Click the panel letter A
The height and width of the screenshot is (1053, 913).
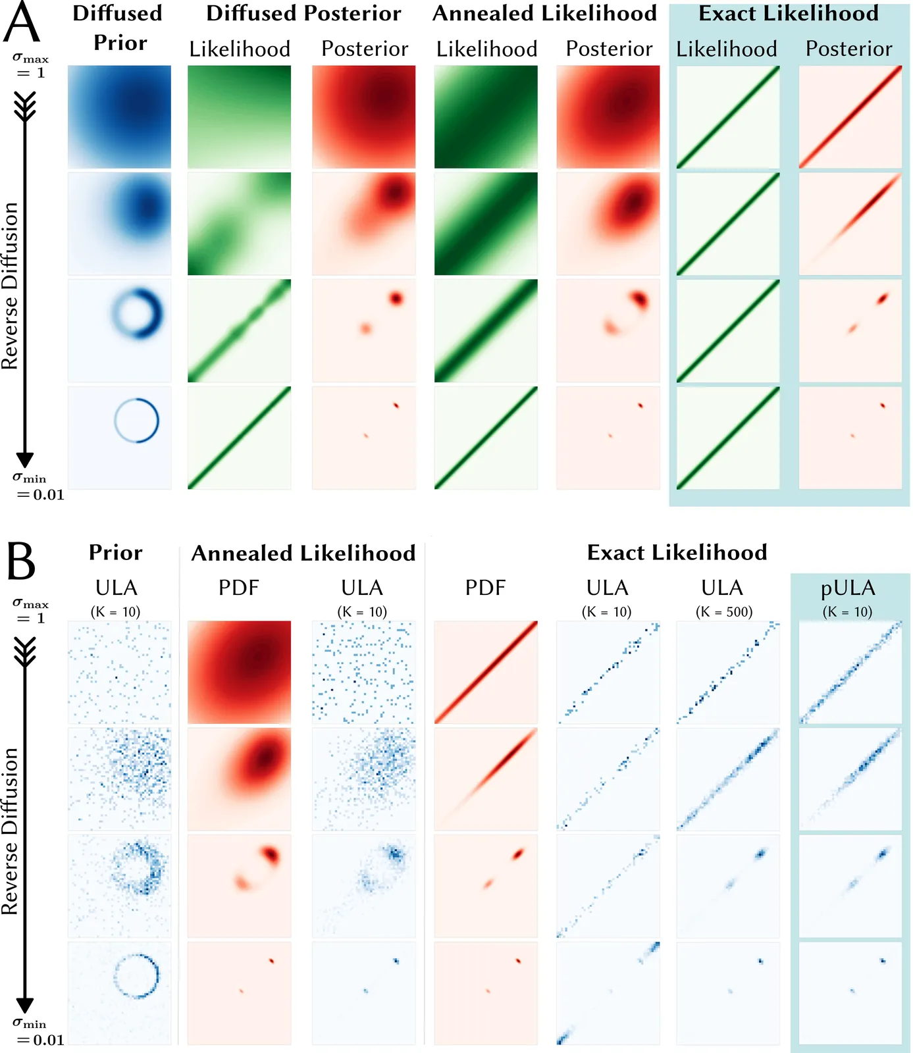click(x=21, y=23)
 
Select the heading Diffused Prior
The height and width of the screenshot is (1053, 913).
click(x=118, y=28)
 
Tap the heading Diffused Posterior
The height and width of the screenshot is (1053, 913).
click(x=303, y=14)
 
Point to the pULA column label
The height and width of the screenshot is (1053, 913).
click(x=848, y=588)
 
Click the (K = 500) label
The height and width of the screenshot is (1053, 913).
click(x=724, y=612)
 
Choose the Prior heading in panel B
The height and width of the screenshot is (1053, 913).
click(x=116, y=553)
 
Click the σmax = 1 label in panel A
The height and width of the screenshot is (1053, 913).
click(x=30, y=66)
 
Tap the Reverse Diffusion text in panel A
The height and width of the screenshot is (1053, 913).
click(x=11, y=286)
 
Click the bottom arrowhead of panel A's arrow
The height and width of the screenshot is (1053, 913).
click(x=25, y=460)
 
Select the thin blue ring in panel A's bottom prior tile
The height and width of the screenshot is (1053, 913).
click(x=137, y=421)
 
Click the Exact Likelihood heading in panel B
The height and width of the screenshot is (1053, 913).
click(x=677, y=553)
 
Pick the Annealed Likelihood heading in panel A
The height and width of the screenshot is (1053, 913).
click(x=544, y=14)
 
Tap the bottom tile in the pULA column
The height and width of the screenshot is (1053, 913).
click(x=850, y=992)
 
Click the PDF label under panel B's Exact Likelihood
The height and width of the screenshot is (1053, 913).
click(x=485, y=588)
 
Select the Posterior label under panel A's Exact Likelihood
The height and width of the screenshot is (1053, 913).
click(x=849, y=49)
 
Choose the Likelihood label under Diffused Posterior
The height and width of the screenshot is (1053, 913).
click(x=240, y=49)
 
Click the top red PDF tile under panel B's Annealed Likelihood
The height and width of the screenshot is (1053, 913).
click(x=239, y=672)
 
